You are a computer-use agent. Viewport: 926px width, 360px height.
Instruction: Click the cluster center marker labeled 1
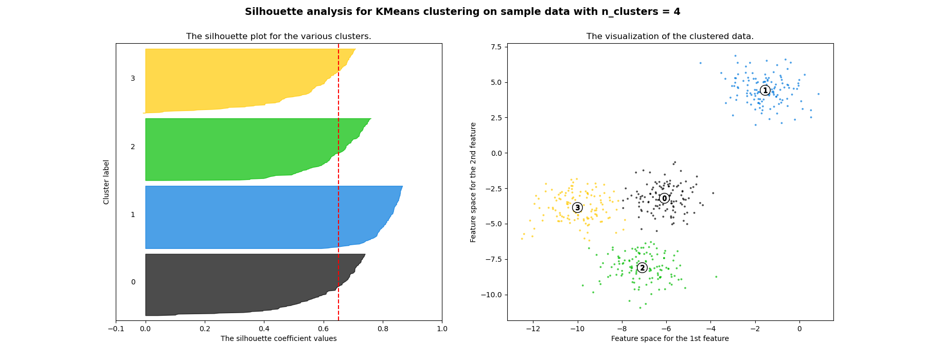click(765, 91)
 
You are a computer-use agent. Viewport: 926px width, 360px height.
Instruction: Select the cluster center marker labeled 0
click(664, 199)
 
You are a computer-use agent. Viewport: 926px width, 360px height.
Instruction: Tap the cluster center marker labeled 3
click(577, 208)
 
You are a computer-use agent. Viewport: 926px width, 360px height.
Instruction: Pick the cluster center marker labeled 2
click(642, 268)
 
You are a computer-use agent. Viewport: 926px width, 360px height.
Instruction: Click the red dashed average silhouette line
click(339, 180)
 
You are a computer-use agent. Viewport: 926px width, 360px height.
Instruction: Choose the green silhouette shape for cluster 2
click(232, 149)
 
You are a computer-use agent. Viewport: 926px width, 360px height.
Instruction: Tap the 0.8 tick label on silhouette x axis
click(383, 329)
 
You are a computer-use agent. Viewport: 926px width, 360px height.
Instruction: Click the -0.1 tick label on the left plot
click(116, 329)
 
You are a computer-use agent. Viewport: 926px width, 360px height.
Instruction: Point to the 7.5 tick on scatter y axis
click(495, 47)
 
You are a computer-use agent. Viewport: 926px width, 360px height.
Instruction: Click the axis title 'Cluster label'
click(106, 182)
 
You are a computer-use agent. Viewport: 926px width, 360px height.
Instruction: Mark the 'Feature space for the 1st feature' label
click(670, 338)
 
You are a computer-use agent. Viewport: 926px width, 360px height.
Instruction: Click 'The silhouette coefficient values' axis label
click(278, 338)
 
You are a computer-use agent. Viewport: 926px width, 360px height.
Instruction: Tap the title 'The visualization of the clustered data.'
click(670, 37)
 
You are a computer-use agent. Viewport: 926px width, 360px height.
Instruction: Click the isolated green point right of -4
click(716, 277)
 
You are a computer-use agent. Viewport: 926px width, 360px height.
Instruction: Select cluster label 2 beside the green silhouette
click(133, 147)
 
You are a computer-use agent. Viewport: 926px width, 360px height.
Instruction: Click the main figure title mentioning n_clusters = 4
click(462, 12)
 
